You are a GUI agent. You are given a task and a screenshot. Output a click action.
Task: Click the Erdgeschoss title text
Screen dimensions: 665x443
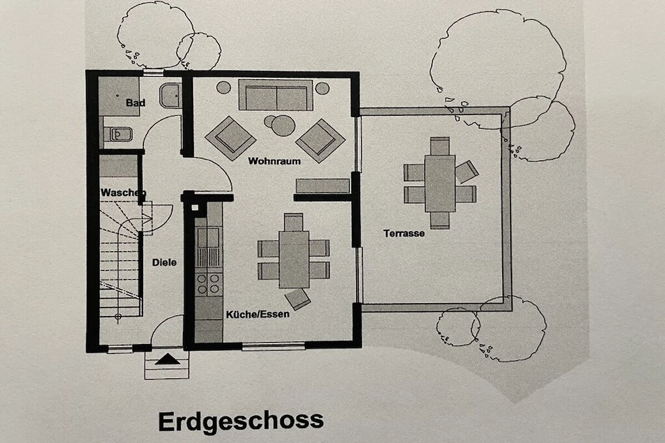point(241,422)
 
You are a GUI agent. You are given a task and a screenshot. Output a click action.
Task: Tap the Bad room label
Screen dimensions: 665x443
point(136,102)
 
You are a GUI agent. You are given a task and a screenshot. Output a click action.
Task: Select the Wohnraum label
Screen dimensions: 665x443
point(274,161)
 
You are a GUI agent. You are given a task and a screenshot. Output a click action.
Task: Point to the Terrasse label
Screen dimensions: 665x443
point(404,233)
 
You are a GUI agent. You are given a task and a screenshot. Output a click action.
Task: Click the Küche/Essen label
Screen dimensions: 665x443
point(258,315)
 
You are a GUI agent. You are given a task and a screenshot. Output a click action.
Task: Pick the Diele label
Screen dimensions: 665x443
point(164,262)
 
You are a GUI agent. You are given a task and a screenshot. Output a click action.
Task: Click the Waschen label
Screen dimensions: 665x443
point(123,193)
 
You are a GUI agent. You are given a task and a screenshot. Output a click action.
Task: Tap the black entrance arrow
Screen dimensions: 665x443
point(167,359)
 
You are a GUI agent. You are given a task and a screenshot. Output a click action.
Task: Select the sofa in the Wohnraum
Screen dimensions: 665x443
point(276,95)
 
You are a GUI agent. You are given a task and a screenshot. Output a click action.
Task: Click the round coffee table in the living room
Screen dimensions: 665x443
point(283,126)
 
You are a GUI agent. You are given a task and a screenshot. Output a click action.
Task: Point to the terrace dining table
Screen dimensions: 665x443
point(440,183)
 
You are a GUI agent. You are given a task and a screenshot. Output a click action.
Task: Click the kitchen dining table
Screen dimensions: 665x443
point(294,260)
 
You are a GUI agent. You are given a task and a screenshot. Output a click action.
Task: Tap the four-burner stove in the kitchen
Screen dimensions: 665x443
point(209,284)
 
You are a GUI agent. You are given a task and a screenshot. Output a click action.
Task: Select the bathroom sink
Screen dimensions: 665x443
point(121,135)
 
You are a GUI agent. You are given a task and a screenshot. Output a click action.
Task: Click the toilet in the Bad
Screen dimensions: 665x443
point(171,96)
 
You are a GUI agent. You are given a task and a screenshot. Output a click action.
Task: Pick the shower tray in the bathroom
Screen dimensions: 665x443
point(119,96)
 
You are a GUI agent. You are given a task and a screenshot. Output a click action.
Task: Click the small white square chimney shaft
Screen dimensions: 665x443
point(195,208)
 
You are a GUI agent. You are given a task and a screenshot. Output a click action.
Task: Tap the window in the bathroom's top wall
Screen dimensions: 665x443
point(154,73)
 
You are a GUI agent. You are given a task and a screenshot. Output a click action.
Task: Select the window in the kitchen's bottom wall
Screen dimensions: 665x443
point(273,346)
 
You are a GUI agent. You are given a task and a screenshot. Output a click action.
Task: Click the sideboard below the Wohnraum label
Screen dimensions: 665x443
point(323,186)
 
